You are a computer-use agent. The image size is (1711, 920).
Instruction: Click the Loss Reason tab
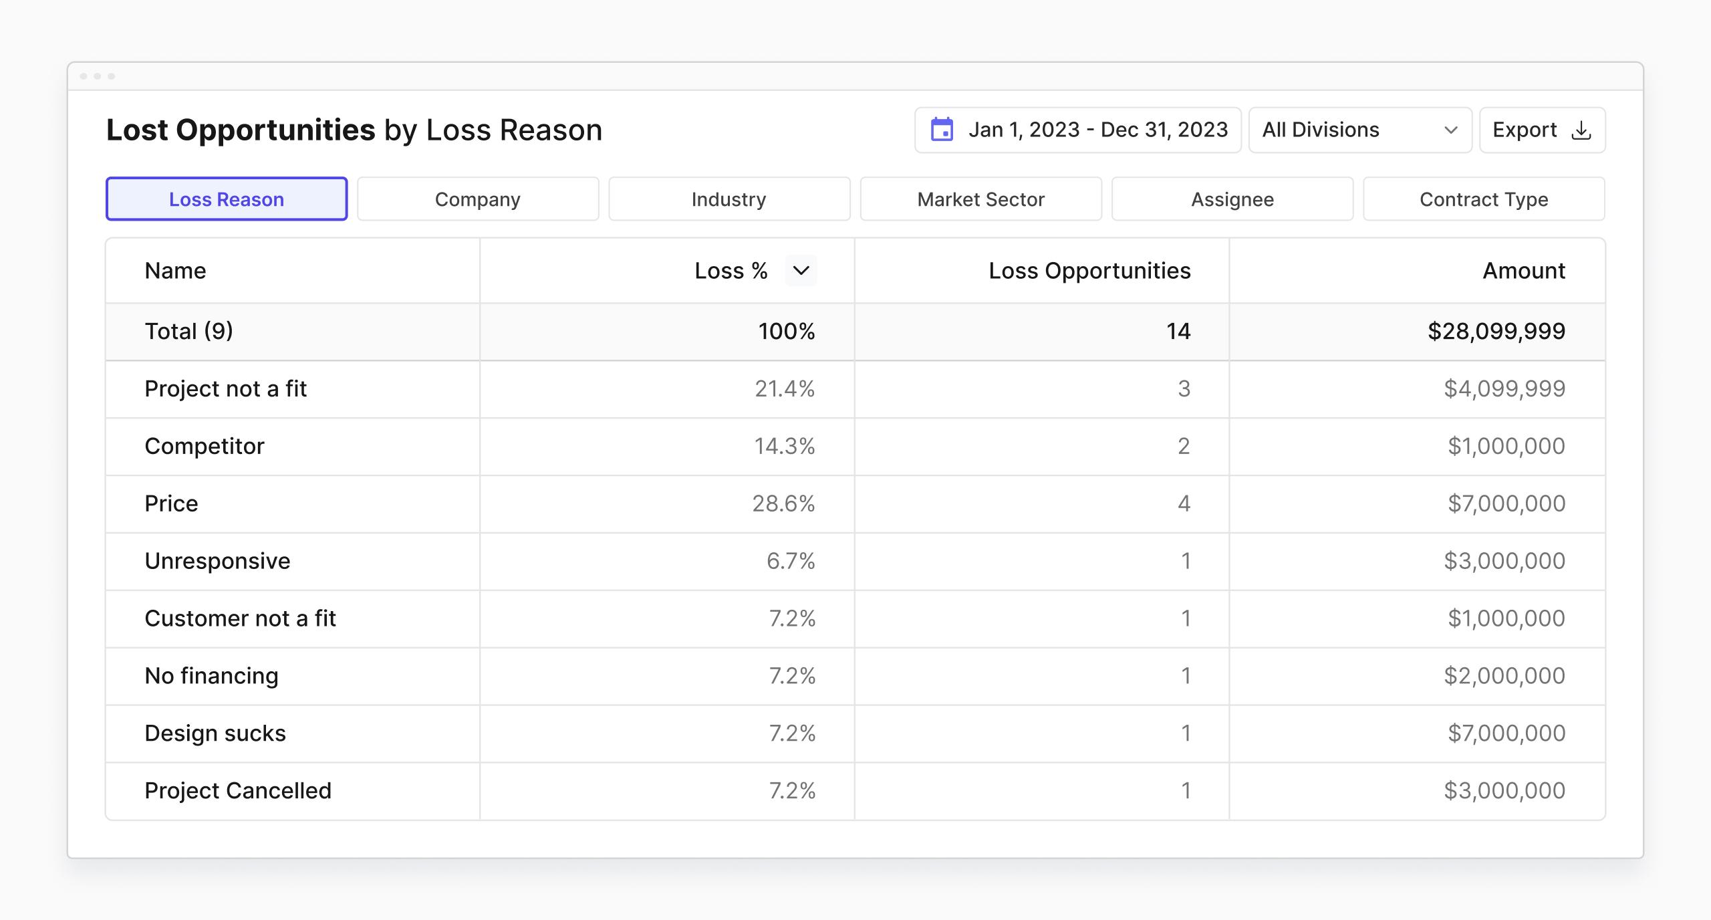pos(227,199)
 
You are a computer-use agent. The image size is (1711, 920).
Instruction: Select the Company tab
pos(477,199)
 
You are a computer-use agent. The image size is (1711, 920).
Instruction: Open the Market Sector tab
pos(980,199)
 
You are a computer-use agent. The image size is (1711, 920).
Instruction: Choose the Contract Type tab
pos(1483,199)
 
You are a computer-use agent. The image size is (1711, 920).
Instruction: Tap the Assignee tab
pos(1232,199)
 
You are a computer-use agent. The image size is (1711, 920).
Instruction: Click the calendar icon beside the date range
pos(942,130)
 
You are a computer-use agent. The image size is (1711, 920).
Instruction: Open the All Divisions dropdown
pos(1359,130)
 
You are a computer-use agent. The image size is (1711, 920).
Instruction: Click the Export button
pos(1541,130)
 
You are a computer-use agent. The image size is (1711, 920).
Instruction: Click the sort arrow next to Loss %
pos(801,271)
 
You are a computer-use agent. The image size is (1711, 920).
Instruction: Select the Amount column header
pos(1523,271)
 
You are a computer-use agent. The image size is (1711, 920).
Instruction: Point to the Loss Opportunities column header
pos(1089,271)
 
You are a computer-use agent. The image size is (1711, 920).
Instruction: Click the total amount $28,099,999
pos(1496,332)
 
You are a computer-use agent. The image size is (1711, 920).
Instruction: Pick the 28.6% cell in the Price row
pos(783,503)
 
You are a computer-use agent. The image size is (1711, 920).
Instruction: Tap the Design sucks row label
pos(215,733)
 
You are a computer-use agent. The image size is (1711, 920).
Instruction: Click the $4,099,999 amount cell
pos(1504,388)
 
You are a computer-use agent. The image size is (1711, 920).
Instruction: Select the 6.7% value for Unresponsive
pos(790,561)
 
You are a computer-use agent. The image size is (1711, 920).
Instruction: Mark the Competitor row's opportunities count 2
pos(1183,446)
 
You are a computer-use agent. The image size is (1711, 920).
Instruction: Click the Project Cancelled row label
pos(238,791)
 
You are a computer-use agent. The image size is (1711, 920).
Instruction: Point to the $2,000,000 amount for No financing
pos(1504,676)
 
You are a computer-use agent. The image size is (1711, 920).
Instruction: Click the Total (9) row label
pos(189,332)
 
